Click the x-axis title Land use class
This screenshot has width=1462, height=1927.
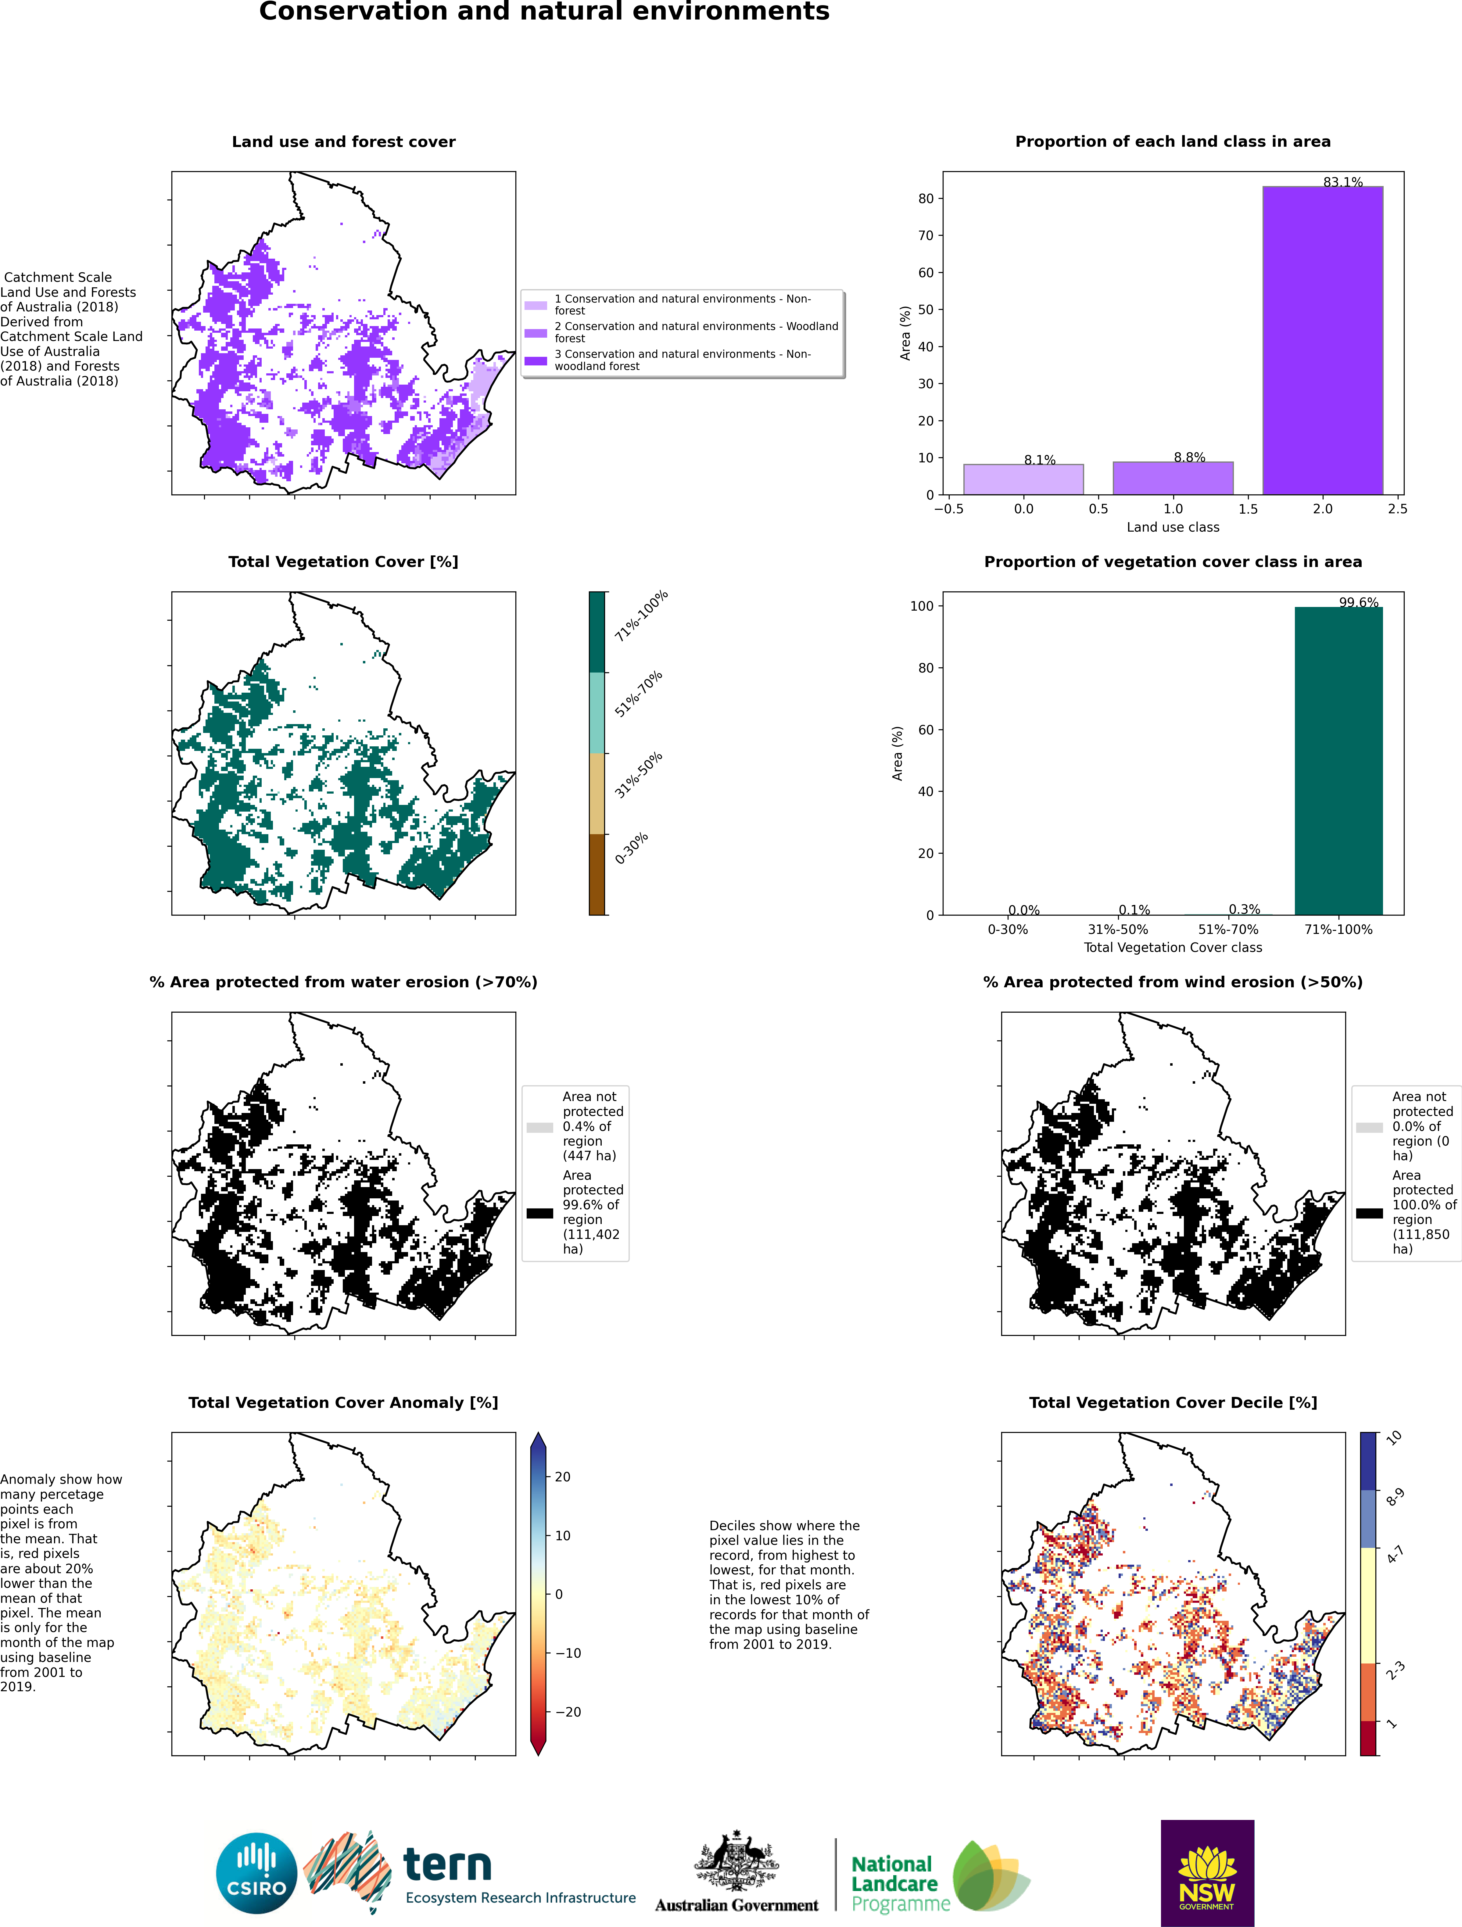[x=1173, y=527]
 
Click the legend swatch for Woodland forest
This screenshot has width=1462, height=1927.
[x=536, y=333]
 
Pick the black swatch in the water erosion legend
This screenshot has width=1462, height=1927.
[x=539, y=1213]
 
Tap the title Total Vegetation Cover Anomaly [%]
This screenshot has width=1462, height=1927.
[x=343, y=1403]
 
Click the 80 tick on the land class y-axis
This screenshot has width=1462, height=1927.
[x=925, y=199]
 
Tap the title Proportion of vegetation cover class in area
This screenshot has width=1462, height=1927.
[x=1173, y=562]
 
